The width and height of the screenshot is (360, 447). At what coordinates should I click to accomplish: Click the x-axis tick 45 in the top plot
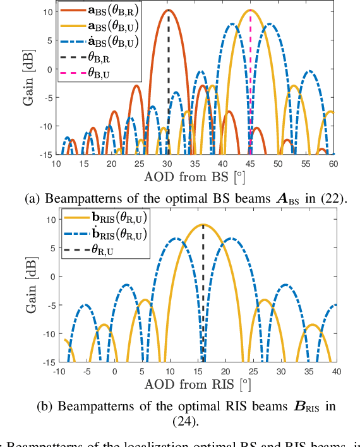[250, 163]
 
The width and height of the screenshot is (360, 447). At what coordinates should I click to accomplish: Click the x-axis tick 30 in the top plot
[167, 163]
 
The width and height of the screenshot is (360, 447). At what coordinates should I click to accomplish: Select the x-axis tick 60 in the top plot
[333, 163]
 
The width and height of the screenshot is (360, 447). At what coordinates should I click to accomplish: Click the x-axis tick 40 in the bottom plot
[336, 371]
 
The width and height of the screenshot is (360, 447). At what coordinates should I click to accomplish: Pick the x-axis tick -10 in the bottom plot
[60, 371]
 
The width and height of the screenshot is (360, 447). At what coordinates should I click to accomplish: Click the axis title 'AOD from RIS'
[198, 384]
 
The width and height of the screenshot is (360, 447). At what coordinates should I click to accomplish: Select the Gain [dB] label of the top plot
[28, 78]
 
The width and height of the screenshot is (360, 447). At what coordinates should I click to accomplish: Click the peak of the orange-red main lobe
[168, 10]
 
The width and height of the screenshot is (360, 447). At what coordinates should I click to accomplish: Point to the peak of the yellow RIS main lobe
[203, 225]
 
